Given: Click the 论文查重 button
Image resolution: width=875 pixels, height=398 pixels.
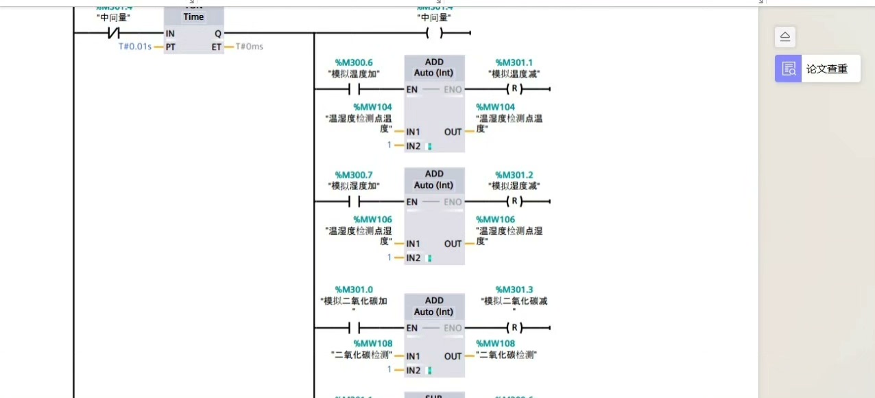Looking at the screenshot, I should [817, 69].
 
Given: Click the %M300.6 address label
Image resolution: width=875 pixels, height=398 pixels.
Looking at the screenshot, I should [354, 62].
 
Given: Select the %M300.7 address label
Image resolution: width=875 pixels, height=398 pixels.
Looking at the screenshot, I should [354, 175].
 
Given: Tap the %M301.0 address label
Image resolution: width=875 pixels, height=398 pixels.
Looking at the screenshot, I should [354, 290].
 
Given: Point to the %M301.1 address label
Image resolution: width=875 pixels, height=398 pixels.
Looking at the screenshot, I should [514, 62].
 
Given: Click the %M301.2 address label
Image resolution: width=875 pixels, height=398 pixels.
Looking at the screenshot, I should [514, 175].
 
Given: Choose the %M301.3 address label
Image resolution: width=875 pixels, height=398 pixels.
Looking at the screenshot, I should [514, 290].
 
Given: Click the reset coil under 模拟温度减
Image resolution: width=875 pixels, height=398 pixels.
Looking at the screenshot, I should [514, 89].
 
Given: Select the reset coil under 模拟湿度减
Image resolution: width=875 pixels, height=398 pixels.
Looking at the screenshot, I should [514, 202].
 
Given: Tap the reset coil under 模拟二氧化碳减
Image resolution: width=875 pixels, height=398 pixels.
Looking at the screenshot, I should [514, 327].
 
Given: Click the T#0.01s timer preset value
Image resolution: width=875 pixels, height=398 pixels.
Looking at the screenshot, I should [134, 47].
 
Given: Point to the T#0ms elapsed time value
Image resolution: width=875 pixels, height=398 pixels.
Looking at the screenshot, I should [249, 47].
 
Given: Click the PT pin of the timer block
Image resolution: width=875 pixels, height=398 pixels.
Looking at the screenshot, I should [169, 47].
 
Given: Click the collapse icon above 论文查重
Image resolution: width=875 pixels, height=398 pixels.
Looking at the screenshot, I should [785, 37].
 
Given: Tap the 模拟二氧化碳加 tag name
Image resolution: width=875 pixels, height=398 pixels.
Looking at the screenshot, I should [354, 301].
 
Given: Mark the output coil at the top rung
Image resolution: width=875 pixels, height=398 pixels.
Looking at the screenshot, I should [434, 34].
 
